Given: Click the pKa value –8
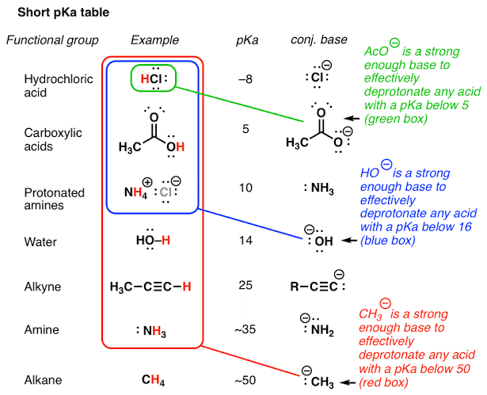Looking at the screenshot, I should coord(246,80).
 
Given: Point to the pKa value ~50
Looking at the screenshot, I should coord(246,380).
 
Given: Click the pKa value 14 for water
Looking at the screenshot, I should coord(246,238).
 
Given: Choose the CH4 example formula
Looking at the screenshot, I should coord(154,380).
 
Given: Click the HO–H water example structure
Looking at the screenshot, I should coord(154,238).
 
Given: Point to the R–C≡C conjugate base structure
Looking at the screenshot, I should coord(315,286).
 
